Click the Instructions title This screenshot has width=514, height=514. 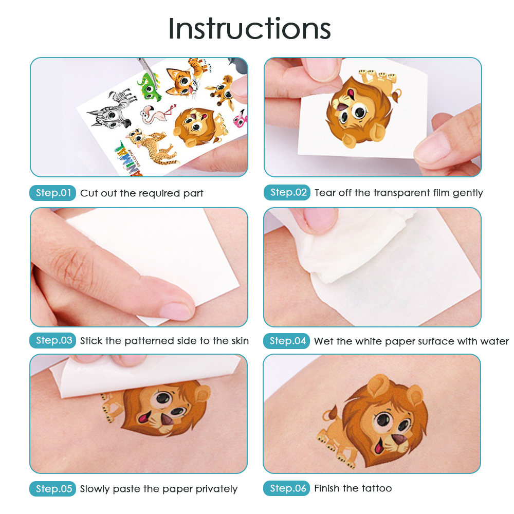249,28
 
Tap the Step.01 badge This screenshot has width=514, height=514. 53,193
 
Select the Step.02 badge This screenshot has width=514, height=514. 287,192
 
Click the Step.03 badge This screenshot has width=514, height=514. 53,340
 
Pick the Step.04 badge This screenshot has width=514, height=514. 286,341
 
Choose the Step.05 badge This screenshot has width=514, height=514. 53,488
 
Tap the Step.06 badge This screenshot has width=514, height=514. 286,488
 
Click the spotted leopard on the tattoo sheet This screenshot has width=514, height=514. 152,146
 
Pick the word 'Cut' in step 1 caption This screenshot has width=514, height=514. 89,193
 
